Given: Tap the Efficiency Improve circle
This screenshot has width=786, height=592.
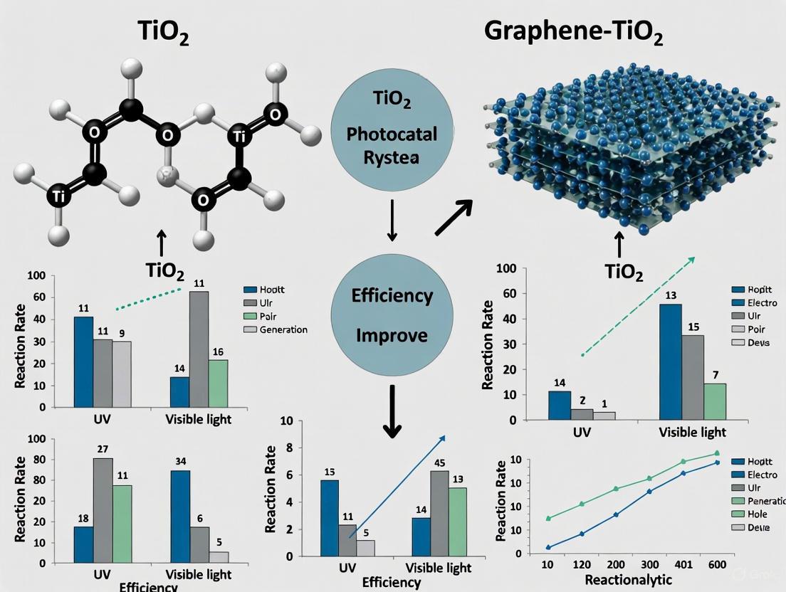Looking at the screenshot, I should pyautogui.click(x=392, y=314).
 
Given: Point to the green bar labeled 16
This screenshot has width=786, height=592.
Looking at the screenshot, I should pyautogui.click(x=219, y=384).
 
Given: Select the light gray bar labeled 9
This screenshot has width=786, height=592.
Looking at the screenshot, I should pyautogui.click(x=122, y=374).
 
